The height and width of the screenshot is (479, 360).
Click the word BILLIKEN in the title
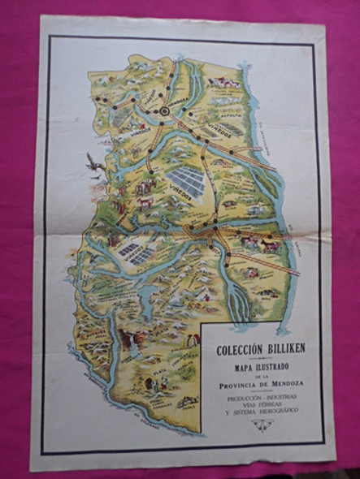276,330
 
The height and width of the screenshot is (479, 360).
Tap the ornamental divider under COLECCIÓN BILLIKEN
255,336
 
